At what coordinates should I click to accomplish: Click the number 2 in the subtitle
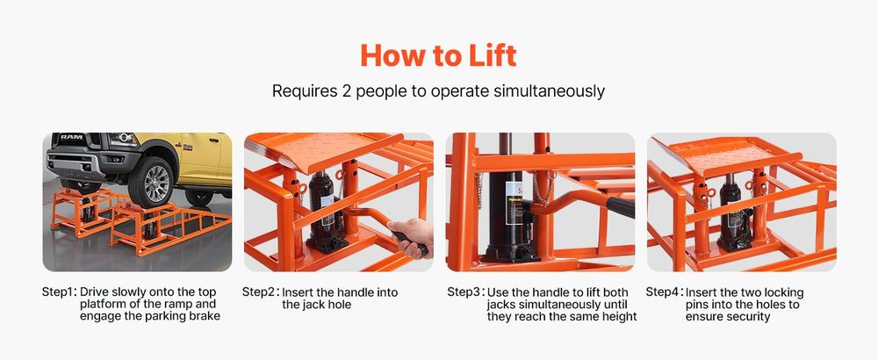coord(347,91)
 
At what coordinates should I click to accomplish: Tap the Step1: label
coord(60,292)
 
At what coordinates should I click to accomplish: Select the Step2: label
coord(261,292)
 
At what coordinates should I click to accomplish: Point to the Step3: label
coord(465,292)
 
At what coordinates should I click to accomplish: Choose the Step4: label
coord(664,292)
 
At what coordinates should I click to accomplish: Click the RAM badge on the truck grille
coord(72,137)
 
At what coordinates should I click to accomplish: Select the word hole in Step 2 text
coord(341,305)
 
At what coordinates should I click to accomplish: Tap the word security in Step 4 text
coord(749,316)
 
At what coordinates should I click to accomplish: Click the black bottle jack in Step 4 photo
coord(733,212)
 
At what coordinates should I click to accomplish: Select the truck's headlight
coord(124,140)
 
